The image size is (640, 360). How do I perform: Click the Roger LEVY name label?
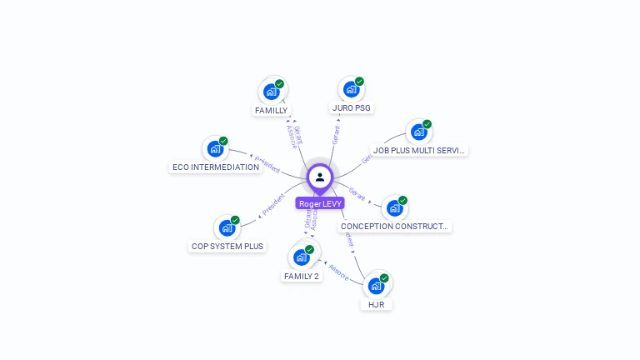[x=321, y=203]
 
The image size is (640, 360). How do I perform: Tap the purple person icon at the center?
[x=320, y=177]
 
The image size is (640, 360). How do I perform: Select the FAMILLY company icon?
[x=271, y=91]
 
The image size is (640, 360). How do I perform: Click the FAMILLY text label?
[x=271, y=110]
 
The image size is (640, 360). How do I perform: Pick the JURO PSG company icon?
[x=351, y=88]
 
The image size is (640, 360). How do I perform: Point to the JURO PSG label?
[x=352, y=107]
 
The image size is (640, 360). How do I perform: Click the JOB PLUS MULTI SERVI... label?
[x=419, y=151]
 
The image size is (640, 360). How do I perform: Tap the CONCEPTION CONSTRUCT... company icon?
[x=394, y=207]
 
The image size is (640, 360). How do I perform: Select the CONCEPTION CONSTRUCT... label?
[x=395, y=226]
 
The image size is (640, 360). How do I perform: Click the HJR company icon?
[x=376, y=285]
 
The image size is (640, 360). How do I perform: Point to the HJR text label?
[x=377, y=304]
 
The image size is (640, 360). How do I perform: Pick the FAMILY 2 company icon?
[x=301, y=257]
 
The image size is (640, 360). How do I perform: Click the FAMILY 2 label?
[x=302, y=276]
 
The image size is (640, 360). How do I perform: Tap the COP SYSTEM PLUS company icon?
[x=227, y=227]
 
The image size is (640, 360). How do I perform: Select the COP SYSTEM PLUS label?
[x=227, y=246]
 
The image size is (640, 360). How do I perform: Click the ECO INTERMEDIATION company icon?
[x=215, y=148]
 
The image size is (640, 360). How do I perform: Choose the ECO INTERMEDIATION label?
[x=216, y=167]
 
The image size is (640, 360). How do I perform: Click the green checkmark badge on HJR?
[x=384, y=277]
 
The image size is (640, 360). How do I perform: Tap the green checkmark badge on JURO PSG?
[x=359, y=81]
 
